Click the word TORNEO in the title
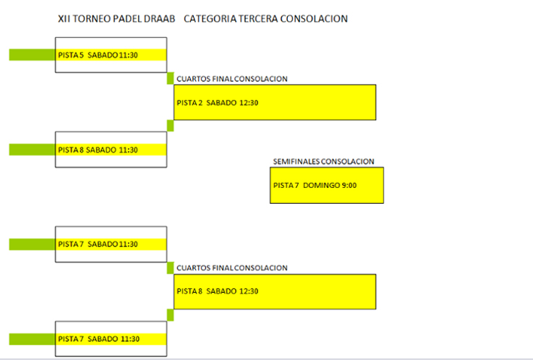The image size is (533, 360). (89, 19)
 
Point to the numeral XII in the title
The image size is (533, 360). (64, 19)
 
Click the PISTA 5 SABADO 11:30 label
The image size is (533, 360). (98, 55)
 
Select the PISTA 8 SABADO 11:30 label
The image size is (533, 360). (98, 150)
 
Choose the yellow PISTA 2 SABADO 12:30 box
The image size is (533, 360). (275, 102)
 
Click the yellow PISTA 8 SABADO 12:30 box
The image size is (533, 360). (275, 291)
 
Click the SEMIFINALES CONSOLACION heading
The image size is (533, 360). (323, 161)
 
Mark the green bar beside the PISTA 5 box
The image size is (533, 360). (32, 55)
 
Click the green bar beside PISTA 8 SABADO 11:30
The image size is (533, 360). (32, 150)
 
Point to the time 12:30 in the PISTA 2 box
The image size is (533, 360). (249, 103)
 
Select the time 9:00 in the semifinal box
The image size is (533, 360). (349, 186)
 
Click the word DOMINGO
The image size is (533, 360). (321, 186)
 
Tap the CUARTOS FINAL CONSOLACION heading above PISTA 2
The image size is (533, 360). (232, 78)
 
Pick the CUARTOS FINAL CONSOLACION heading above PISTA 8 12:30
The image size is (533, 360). (232, 267)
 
